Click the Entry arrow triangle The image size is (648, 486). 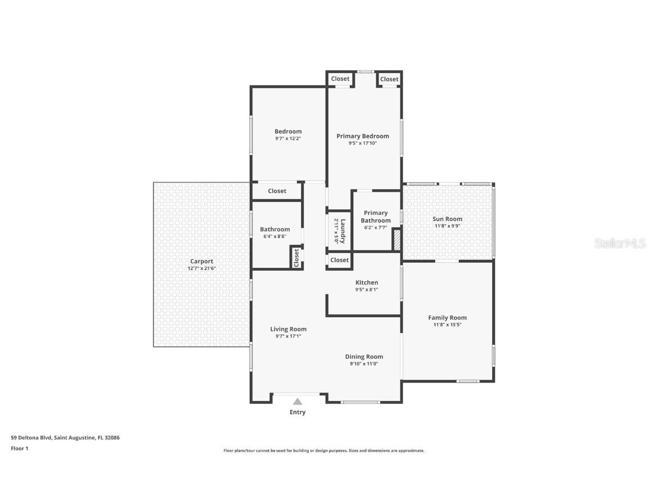(298, 401)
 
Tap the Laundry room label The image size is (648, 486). (340, 231)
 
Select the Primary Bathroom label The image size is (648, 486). (376, 217)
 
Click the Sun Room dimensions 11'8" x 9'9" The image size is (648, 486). (447, 226)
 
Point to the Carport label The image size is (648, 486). (201, 262)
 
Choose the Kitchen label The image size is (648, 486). (367, 282)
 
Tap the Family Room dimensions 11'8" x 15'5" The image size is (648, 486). (447, 325)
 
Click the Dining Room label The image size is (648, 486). (364, 357)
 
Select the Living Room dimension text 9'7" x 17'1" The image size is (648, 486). (288, 336)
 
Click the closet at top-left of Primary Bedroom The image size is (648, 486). (340, 79)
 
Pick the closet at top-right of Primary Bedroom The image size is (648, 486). (389, 79)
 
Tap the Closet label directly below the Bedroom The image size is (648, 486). (277, 191)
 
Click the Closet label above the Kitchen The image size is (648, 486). (339, 260)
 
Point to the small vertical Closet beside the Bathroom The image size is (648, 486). (296, 258)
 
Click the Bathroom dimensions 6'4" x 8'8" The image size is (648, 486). (274, 236)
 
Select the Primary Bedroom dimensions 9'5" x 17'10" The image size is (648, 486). (363, 143)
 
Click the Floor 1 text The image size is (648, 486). (19, 448)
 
